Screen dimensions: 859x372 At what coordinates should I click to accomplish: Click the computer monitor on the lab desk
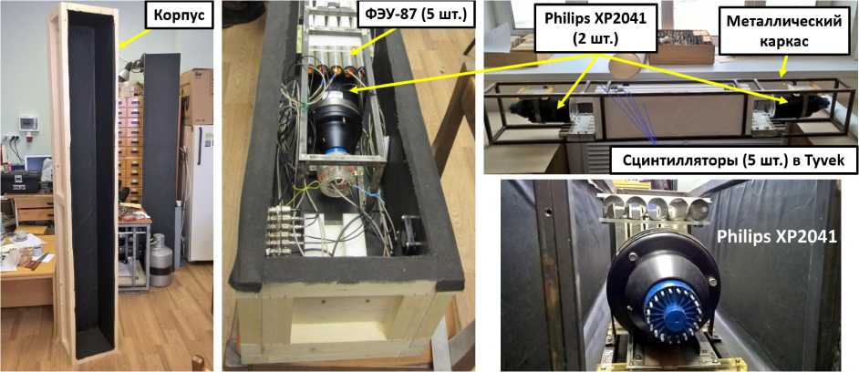37,164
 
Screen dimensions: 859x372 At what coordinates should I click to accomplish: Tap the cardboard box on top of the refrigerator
196,96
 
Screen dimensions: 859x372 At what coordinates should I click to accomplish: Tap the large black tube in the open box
336,121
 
